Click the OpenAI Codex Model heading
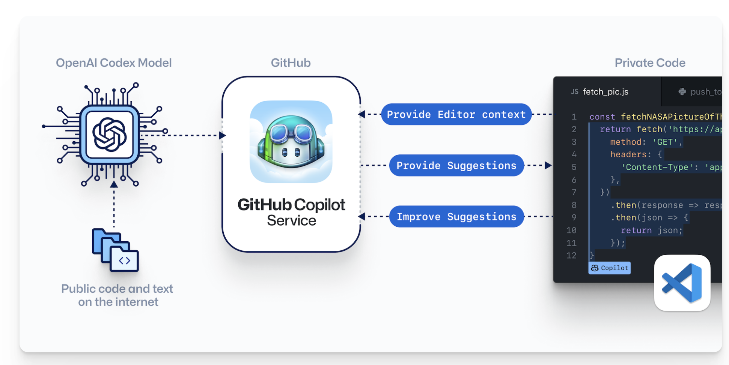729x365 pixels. coord(114,63)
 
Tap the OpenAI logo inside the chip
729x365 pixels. coord(109,135)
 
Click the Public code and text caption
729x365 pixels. coord(117,295)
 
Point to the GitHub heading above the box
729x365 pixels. coord(291,63)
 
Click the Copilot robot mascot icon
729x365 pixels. coord(291,142)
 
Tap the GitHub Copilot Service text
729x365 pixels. coord(291,212)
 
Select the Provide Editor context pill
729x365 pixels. coord(456,114)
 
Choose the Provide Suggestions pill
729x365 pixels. coord(456,165)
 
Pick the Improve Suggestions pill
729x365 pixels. coord(456,217)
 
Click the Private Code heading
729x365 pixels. coord(650,63)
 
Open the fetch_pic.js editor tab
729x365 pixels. coord(605,92)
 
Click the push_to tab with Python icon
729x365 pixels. coord(700,92)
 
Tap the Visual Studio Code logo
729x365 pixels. coord(682,283)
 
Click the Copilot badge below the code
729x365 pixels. coord(610,268)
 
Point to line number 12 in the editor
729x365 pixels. coord(571,256)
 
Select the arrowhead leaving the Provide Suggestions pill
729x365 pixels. coord(548,165)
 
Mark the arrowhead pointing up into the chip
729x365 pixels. coord(114,184)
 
